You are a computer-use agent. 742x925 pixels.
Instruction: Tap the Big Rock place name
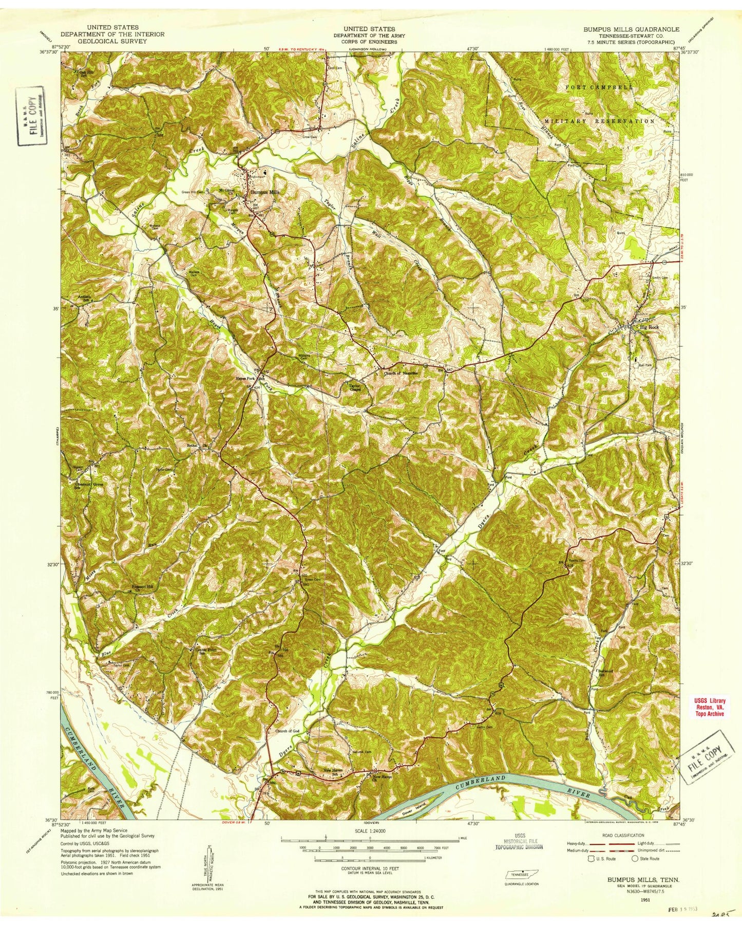646,327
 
